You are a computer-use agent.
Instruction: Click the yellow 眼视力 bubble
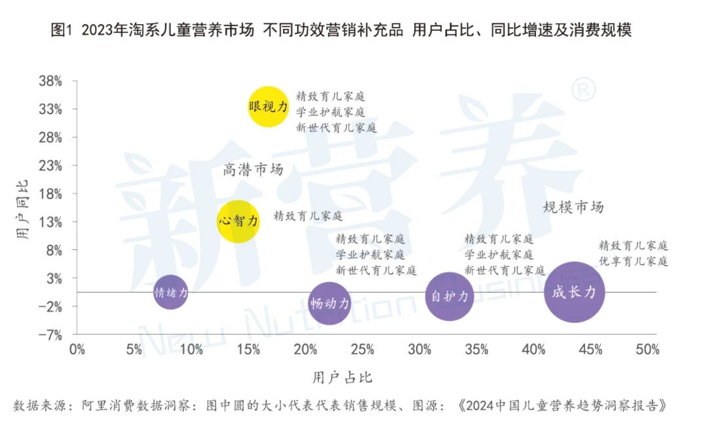click(x=268, y=106)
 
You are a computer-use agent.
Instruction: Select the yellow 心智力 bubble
click(x=239, y=221)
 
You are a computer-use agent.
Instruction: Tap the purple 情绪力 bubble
click(x=170, y=293)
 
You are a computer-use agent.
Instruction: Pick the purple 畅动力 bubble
click(x=330, y=303)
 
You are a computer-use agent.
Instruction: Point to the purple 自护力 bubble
click(x=449, y=296)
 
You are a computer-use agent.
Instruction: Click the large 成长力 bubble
click(x=574, y=292)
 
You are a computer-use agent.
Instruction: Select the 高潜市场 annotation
click(x=253, y=170)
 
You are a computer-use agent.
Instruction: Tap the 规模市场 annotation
click(x=573, y=208)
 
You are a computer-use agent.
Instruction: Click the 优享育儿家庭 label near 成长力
click(x=633, y=261)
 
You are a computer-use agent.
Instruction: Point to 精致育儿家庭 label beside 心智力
click(x=308, y=215)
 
